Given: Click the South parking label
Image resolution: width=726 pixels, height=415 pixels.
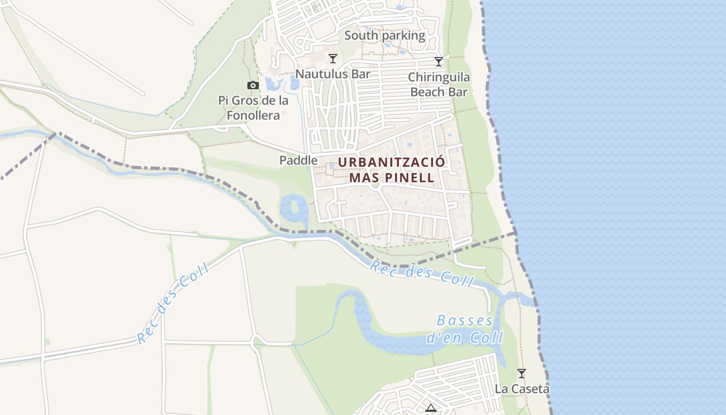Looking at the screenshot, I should pyautogui.click(x=384, y=36).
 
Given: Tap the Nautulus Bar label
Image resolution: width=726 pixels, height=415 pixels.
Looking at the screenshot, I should pyautogui.click(x=333, y=74).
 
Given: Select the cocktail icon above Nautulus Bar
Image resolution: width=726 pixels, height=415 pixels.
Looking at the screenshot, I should pyautogui.click(x=333, y=58).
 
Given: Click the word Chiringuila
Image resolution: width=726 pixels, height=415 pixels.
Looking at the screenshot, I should pyautogui.click(x=439, y=77).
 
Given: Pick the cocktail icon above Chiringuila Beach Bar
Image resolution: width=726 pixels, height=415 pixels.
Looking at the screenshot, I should pyautogui.click(x=439, y=62).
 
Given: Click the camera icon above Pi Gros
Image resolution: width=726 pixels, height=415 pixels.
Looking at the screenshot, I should pyautogui.click(x=253, y=85).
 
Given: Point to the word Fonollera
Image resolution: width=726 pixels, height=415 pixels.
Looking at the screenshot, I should pyautogui.click(x=253, y=115).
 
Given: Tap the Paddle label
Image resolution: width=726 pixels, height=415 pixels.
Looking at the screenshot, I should pyautogui.click(x=298, y=160).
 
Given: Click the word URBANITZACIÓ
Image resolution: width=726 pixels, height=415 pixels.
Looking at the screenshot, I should pyautogui.click(x=392, y=162).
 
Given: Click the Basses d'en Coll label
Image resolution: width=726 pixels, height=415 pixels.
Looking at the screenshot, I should pyautogui.click(x=464, y=329).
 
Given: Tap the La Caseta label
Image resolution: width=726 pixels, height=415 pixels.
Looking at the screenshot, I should pyautogui.click(x=522, y=389).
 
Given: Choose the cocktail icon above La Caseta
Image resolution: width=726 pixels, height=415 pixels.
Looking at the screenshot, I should pyautogui.click(x=522, y=373).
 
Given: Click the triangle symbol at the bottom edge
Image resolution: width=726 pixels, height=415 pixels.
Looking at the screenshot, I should pyautogui.click(x=430, y=408).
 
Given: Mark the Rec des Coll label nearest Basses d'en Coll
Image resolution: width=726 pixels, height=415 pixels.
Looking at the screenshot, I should pyautogui.click(x=422, y=273).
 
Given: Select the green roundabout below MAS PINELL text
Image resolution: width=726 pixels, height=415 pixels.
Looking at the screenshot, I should pyautogui.click(x=376, y=184).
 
